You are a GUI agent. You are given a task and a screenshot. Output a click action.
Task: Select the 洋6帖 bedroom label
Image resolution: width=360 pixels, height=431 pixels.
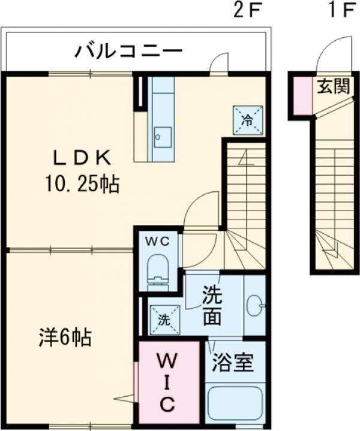pyautogui.click(x=62, y=338)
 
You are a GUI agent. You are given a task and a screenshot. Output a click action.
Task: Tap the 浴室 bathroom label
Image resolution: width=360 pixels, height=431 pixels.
pyautogui.click(x=233, y=362)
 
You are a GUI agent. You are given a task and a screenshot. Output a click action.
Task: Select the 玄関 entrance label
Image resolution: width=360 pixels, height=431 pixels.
pyautogui.click(x=333, y=87)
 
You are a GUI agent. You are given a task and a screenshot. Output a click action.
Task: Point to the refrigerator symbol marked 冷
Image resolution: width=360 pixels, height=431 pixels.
pyautogui.click(x=248, y=119)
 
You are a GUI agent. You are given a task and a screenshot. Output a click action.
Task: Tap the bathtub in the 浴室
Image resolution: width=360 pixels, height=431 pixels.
pyautogui.click(x=235, y=405)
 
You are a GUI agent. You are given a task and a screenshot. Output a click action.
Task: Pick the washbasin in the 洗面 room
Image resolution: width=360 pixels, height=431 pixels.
pyautogui.click(x=255, y=307)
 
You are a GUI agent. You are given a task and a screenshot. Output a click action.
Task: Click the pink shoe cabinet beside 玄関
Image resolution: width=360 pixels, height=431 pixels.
pyautogui.click(x=302, y=95)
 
